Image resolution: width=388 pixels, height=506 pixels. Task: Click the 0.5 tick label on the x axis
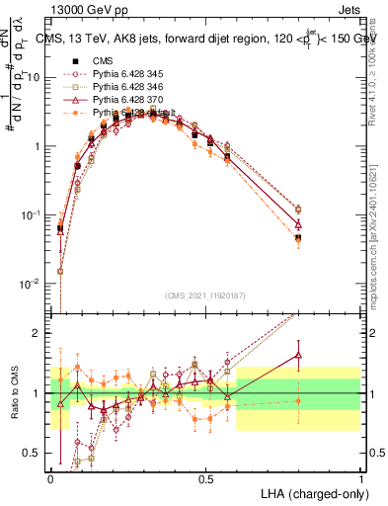coord(205,478)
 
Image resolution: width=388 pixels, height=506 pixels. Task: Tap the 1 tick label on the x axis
coord(360,478)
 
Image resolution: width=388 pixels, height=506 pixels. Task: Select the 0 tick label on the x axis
coord(51,478)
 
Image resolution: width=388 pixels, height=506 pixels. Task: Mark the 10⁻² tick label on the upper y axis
coord(31,284)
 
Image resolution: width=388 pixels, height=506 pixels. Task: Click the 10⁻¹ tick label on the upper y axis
coord(31,214)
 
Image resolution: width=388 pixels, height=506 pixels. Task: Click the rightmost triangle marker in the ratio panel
coord(298,355)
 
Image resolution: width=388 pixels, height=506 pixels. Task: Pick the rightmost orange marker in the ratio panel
coord(298,400)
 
